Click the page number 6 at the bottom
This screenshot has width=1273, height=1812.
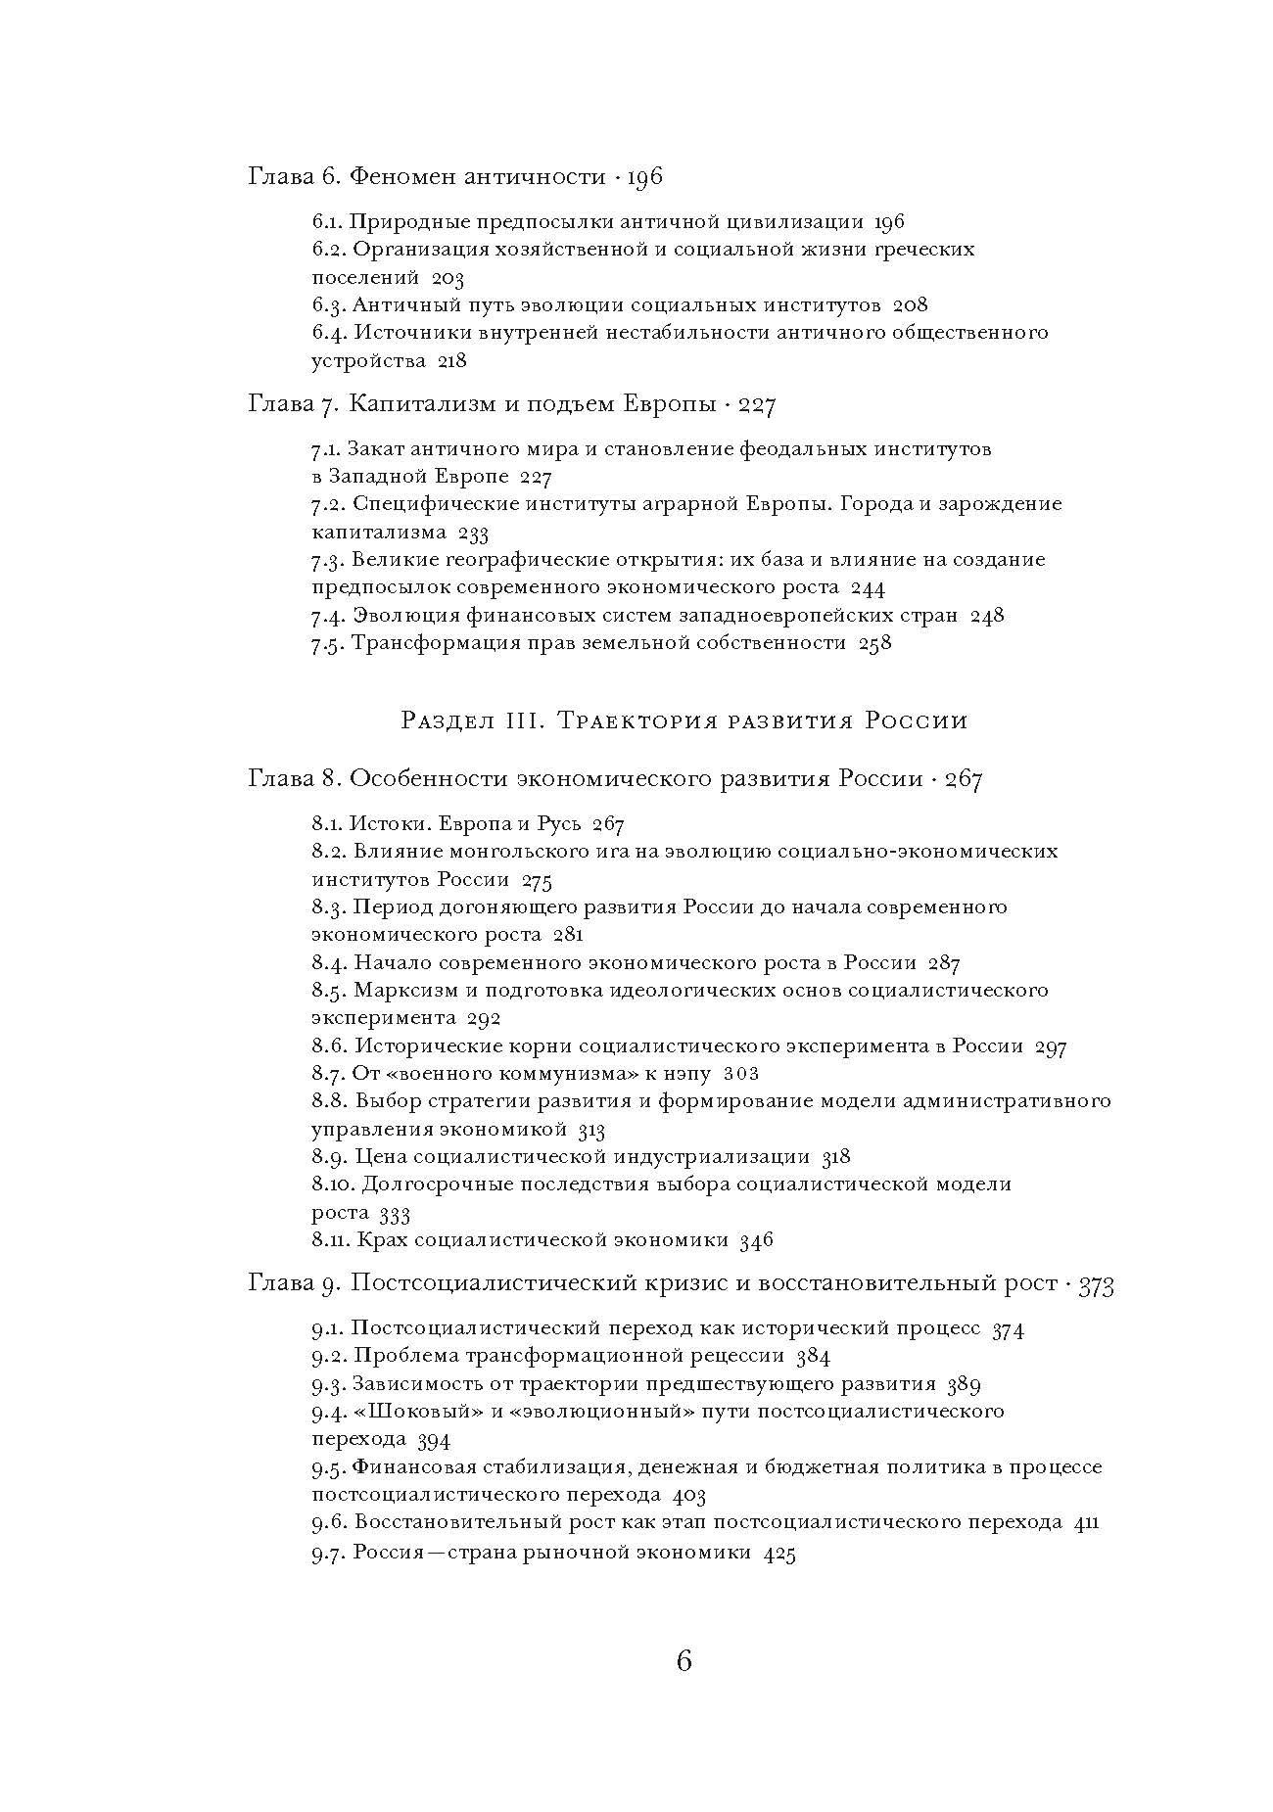(x=684, y=1661)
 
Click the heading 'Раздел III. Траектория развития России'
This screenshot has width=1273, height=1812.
(x=684, y=721)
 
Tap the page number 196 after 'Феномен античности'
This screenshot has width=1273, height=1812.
(x=644, y=177)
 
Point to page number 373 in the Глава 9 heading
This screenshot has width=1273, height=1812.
(x=1096, y=1285)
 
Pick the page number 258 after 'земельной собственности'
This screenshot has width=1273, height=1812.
(x=874, y=643)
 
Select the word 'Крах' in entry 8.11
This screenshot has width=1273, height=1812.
(x=382, y=1240)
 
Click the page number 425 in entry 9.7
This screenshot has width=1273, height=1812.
(x=778, y=1554)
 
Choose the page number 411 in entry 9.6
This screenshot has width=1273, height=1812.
(x=1086, y=1522)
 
